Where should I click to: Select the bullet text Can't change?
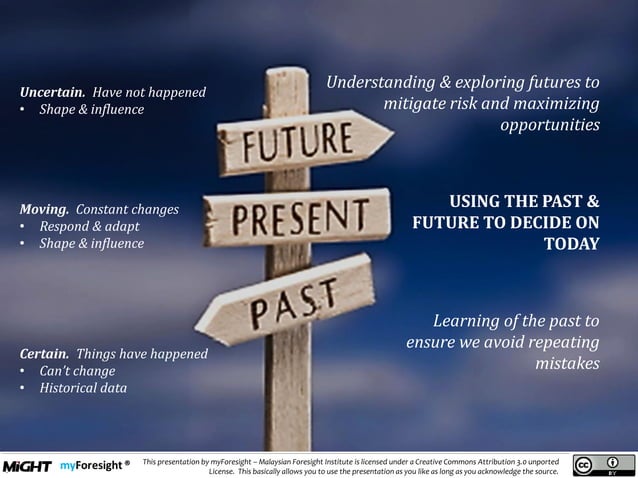(77, 371)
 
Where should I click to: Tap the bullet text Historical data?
(83, 388)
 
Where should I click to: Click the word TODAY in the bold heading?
(571, 244)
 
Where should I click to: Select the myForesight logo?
(94, 466)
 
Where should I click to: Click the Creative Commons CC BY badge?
(604, 466)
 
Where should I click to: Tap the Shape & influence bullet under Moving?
(91, 244)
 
